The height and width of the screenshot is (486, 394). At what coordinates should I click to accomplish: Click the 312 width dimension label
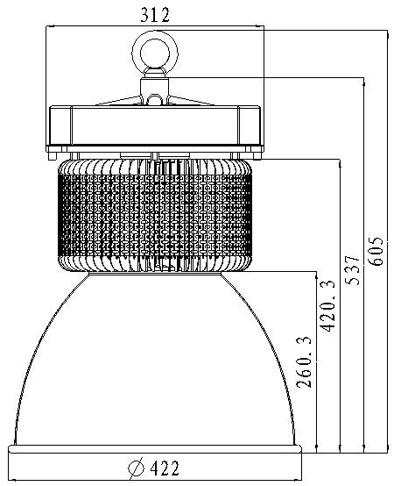[x=155, y=15]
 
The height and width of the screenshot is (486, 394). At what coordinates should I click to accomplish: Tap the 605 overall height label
[x=376, y=252]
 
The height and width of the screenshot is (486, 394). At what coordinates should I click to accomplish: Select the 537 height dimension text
[x=353, y=270]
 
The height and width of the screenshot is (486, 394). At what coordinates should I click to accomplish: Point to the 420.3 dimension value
[x=327, y=306]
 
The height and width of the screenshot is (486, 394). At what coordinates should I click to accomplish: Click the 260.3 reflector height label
[x=304, y=361]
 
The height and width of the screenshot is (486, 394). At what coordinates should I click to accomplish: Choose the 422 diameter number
[x=165, y=468]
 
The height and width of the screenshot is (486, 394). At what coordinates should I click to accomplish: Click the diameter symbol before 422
[x=136, y=468]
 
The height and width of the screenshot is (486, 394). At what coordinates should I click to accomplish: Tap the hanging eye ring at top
[x=155, y=53]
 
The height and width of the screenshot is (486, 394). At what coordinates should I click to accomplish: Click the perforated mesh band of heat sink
[x=155, y=215]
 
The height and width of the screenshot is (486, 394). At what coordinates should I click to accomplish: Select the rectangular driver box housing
[x=155, y=125]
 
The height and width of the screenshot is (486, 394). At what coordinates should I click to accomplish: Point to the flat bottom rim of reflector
[x=155, y=449]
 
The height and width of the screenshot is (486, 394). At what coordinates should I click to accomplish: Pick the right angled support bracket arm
[x=191, y=101]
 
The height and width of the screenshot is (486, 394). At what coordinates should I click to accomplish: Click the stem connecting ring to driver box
[x=155, y=90]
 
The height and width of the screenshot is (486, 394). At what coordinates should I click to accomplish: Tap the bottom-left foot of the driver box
[x=52, y=156]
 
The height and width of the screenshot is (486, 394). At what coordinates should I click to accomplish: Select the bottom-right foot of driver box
[x=257, y=156]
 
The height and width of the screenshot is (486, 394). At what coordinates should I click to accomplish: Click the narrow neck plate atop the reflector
[x=155, y=273]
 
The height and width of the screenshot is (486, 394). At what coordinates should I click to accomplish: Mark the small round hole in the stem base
[x=155, y=100]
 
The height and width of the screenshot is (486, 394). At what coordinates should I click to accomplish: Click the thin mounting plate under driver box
[x=155, y=148]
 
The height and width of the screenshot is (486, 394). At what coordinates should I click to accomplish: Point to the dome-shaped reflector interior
[x=155, y=366]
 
